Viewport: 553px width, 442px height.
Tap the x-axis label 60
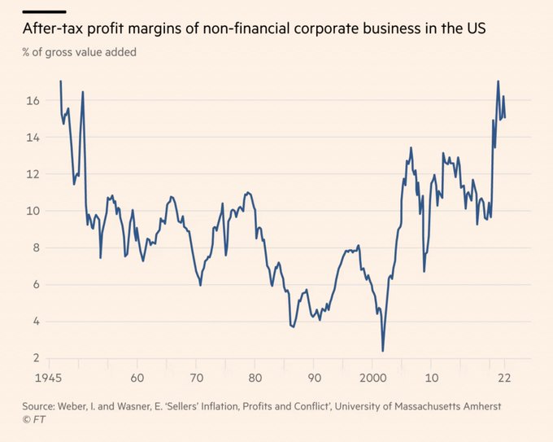click(137, 378)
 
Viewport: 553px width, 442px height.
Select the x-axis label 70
click(196, 378)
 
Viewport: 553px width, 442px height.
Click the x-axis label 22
click(504, 378)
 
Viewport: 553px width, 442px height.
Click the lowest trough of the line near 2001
click(382, 351)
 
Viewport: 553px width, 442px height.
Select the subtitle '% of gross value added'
click(80, 53)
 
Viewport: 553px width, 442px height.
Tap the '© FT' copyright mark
click(33, 420)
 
